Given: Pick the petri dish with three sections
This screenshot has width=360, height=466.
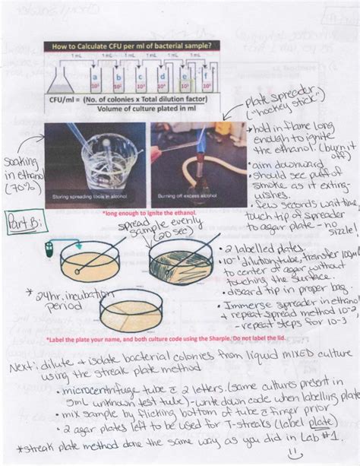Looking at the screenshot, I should click(x=131, y=309).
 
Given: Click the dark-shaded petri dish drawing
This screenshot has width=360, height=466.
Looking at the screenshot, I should click(x=180, y=265).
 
